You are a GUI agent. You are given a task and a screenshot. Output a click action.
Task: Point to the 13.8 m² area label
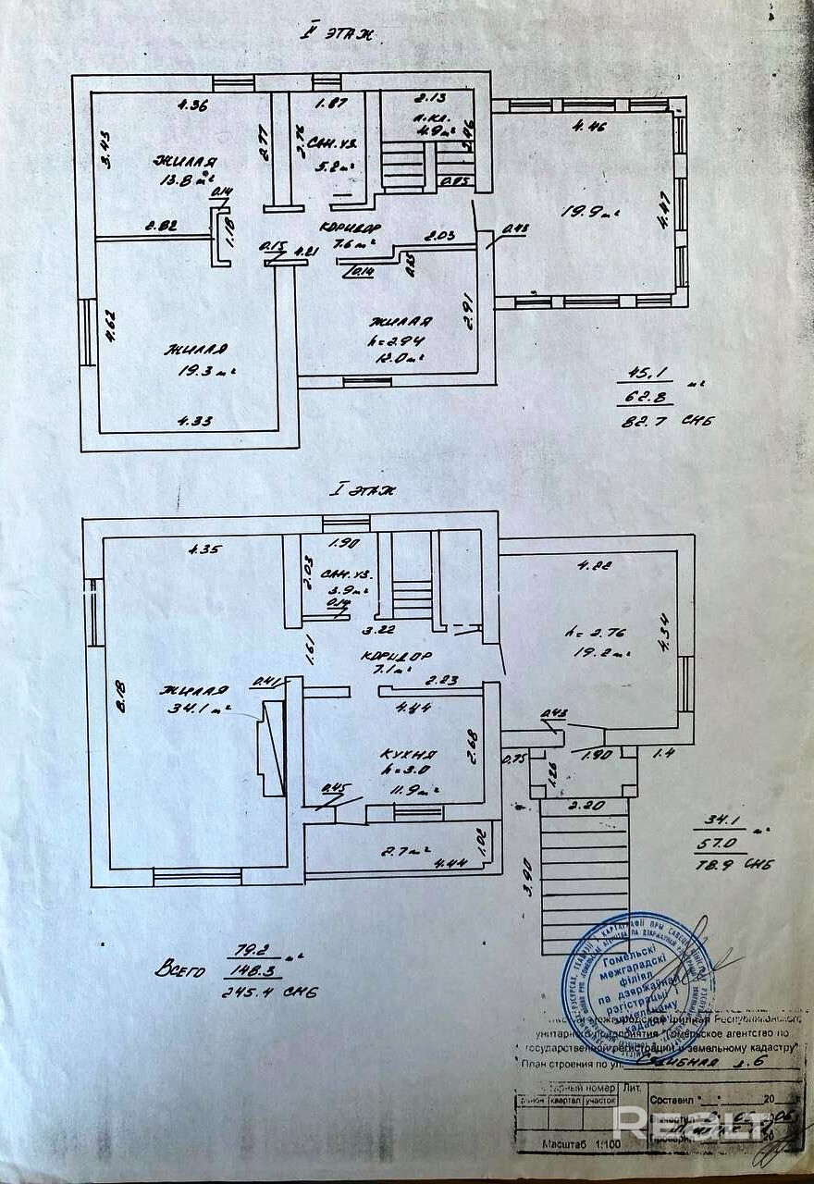(184, 180)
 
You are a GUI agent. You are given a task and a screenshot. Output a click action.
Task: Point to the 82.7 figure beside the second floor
(647, 421)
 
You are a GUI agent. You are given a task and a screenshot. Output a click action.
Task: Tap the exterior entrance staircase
(583, 874)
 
